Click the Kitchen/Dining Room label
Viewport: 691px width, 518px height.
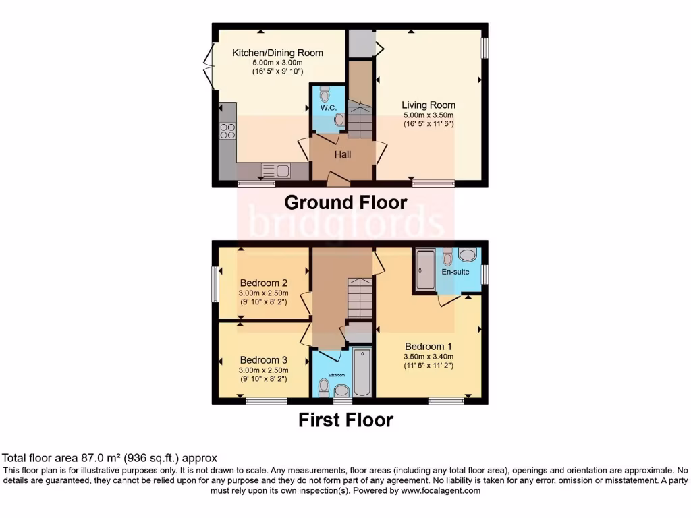pos(277,53)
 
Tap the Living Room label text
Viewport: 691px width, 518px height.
pos(429,105)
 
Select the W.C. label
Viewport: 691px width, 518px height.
pos(329,108)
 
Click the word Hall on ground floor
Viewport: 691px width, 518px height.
pos(343,154)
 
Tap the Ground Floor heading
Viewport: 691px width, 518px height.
pos(345,202)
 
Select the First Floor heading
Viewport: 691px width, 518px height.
pos(345,420)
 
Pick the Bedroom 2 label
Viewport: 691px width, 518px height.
pos(264,283)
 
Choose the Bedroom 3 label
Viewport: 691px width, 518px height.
pos(264,359)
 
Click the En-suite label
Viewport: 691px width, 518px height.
pos(455,272)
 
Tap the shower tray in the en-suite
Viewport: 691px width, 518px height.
pos(425,270)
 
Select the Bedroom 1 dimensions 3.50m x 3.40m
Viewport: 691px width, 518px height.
pos(429,357)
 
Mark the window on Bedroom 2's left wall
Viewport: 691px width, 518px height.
pos(215,284)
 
